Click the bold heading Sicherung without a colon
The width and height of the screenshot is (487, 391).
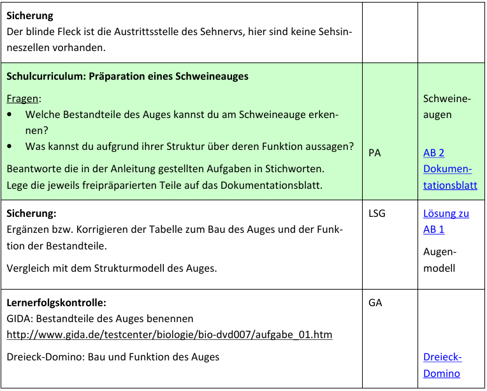pyautogui.click(x=30, y=15)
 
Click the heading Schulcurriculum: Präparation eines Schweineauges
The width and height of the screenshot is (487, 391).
pyautogui.click(x=127, y=77)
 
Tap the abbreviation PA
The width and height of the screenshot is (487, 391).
pyautogui.click(x=375, y=153)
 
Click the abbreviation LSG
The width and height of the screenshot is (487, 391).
pyautogui.click(x=377, y=213)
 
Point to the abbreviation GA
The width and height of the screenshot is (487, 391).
pyautogui.click(x=375, y=302)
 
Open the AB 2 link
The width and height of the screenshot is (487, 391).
pyautogui.click(x=433, y=153)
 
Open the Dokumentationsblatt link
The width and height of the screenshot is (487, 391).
pyautogui.click(x=449, y=177)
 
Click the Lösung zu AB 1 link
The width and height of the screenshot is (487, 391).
pyautogui.click(x=446, y=221)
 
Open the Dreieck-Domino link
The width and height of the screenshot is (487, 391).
pyautogui.click(x=442, y=365)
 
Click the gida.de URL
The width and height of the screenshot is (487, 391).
pyautogui.click(x=169, y=334)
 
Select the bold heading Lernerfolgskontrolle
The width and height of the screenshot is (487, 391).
pyautogui.click(x=56, y=302)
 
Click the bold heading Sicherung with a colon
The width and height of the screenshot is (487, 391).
pyautogui.click(x=32, y=213)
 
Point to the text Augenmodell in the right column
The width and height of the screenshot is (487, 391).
pyautogui.click(x=439, y=260)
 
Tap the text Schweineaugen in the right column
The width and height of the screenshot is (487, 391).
pyautogui.click(x=446, y=107)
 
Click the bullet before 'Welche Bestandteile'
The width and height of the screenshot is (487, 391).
pyautogui.click(x=10, y=115)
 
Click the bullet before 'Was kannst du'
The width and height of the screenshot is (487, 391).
pyautogui.click(x=10, y=146)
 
